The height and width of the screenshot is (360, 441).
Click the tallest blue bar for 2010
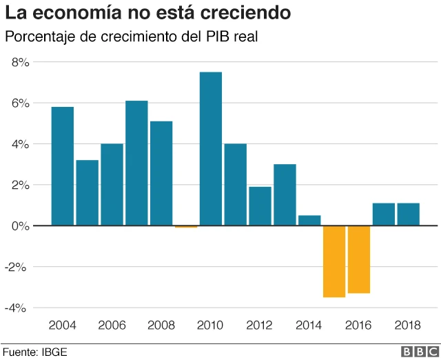[210, 148]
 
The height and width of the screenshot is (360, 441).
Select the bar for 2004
[62, 166]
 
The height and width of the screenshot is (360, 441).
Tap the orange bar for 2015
[334, 261]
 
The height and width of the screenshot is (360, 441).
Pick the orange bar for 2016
[359, 259]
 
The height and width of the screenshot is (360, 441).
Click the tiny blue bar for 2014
[309, 221]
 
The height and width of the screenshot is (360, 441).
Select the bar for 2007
[136, 163]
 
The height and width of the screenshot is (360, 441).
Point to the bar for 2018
[409, 214]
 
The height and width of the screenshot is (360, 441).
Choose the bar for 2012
[260, 206]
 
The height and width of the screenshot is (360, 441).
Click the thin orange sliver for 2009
[186, 226]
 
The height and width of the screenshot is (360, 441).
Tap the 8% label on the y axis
[19, 62]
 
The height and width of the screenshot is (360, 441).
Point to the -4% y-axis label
[17, 308]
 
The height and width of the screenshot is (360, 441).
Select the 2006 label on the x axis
[112, 325]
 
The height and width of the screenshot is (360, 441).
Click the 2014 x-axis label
[309, 325]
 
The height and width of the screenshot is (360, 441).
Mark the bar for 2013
[285, 195]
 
